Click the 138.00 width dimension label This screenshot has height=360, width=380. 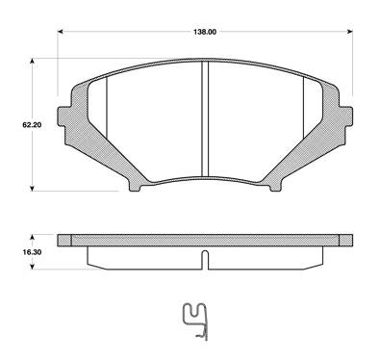[x=205, y=32]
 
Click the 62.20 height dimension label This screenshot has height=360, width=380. [x=32, y=125]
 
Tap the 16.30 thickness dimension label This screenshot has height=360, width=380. [x=32, y=252]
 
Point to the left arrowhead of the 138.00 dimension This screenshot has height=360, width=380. [x=60, y=32]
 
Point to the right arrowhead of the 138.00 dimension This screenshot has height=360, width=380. [x=350, y=32]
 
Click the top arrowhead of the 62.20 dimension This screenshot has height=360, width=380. [x=32, y=61]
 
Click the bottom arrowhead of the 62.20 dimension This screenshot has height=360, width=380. [x=32, y=189]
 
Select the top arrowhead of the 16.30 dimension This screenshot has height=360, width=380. [x=32, y=237]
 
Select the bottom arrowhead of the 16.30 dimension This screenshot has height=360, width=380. [x=32, y=267]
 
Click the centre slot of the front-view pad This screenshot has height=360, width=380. [x=205, y=118]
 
